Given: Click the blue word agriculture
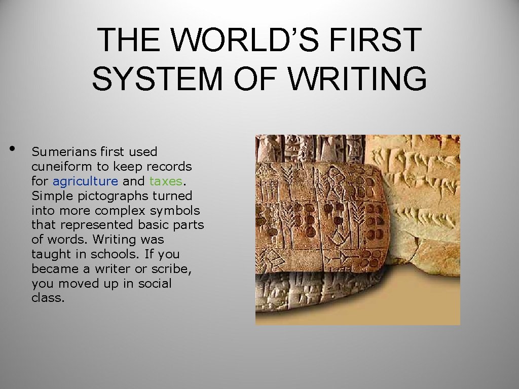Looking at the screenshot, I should coord(85,181).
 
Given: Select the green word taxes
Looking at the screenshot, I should coord(165,181).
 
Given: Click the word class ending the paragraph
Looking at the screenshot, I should coord(48,298).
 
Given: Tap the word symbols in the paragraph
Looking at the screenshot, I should coord(178,210).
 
